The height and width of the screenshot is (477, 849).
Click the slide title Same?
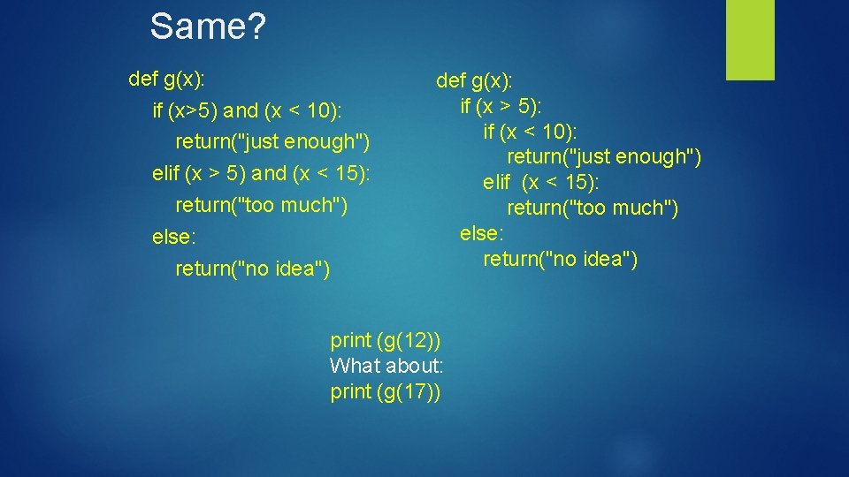[x=207, y=26]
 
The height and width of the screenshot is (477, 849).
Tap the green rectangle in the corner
[x=750, y=40]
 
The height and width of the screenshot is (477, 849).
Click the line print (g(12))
[x=386, y=340]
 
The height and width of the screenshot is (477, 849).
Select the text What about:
[x=386, y=366]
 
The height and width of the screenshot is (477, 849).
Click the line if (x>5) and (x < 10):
[x=247, y=110]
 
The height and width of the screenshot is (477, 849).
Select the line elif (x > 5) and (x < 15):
[x=261, y=174]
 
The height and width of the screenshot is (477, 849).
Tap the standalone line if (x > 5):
[x=501, y=107]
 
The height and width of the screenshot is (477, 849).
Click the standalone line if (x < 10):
[x=530, y=132]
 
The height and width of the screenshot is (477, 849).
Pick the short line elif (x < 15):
[x=540, y=183]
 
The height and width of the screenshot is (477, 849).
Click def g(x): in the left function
[x=167, y=79]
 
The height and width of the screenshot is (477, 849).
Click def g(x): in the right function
[x=474, y=81]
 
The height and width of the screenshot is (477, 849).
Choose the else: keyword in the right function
[x=482, y=233]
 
